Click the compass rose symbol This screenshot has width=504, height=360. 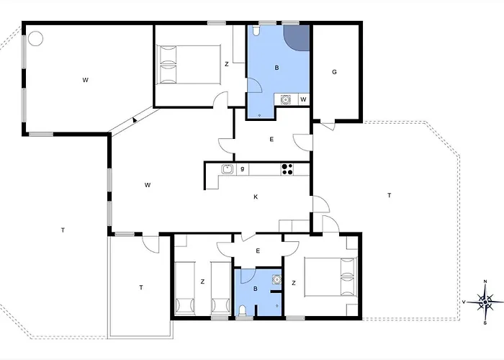pos(485,302)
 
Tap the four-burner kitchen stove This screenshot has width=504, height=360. pos(287,169)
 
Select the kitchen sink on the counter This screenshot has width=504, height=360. pos(228,169)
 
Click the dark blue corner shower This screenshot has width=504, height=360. pos(297,38)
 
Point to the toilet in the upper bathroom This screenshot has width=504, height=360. pos(256,30)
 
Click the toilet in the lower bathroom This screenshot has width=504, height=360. pos(243,311)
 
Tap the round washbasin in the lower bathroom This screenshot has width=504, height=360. pos(276,280)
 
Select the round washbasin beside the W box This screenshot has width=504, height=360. pos(285,99)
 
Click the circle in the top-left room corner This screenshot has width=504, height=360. pos(35,38)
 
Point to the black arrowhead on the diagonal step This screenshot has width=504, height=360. pos(135,120)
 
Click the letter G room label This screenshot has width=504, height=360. pos(334,72)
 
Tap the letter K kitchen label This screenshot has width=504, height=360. pos(256,197)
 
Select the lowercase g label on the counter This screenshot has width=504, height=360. pos(243,168)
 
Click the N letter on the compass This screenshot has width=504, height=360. pos(485,282)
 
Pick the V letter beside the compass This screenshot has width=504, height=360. pos(464,302)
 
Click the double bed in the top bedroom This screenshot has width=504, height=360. pos(189,65)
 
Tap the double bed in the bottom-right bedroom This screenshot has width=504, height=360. pos(330,276)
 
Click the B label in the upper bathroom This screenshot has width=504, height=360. pos(276,68)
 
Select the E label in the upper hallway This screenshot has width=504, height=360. pos(271,140)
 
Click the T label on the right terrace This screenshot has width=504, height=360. pos(390,195)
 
